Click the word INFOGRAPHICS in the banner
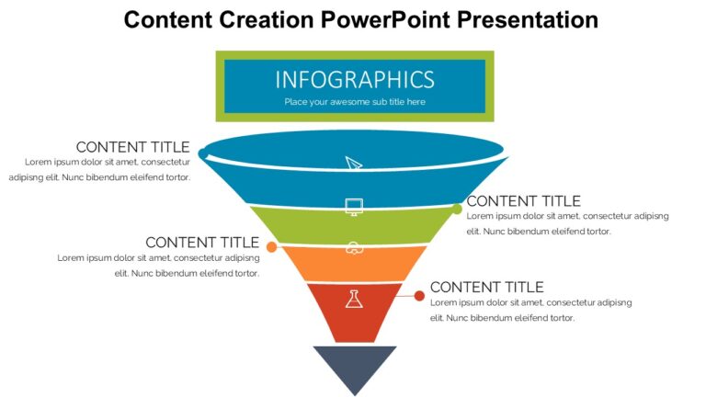354,79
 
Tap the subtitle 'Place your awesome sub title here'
354,102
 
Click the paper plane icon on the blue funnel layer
354,164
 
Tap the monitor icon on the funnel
354,206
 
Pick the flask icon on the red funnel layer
354,299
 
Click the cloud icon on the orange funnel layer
354,247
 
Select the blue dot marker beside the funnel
202,153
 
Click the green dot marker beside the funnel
457,210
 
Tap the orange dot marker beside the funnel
271,247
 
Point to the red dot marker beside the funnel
419,296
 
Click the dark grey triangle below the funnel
354,363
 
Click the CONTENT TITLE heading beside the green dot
523,201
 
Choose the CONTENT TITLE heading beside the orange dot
202,243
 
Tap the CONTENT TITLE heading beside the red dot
486,288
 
